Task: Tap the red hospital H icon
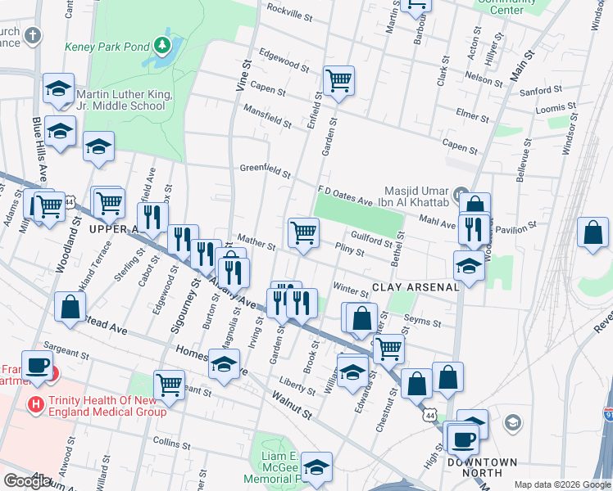35,403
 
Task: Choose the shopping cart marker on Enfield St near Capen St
338,81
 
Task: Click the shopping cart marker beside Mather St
303,232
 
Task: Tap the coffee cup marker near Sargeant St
37,366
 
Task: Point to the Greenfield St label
265,171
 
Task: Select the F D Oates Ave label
345,190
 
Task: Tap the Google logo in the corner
27,480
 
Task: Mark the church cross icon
32,36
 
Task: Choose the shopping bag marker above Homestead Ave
70,307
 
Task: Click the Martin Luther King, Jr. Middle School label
123,101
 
